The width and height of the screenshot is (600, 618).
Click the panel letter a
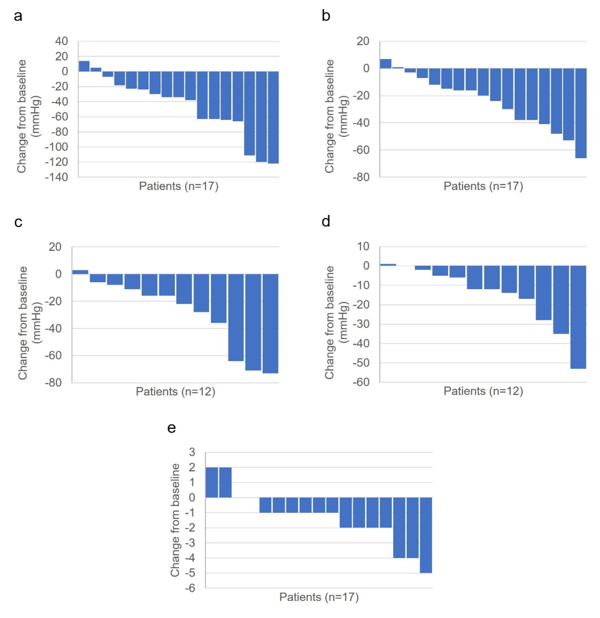coord(18,16)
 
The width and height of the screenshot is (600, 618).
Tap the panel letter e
coord(171,428)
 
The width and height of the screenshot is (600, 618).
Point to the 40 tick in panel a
coord(61,41)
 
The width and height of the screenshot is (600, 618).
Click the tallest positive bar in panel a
coord(84,66)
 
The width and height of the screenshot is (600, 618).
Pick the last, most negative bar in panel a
coord(273,117)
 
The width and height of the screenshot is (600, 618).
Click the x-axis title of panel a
coord(179,186)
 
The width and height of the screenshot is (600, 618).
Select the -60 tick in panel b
coord(361,150)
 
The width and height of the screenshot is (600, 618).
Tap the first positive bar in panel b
coord(386,64)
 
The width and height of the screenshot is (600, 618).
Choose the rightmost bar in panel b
coord(581,113)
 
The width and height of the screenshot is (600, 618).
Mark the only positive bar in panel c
coord(80,272)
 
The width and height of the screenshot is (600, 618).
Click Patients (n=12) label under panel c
coord(175,392)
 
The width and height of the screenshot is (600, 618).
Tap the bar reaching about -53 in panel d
coord(578,317)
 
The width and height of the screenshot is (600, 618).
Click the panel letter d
coord(326,221)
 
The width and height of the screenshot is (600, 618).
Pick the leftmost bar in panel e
coord(212,482)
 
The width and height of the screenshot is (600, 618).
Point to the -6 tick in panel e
coord(190,588)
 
